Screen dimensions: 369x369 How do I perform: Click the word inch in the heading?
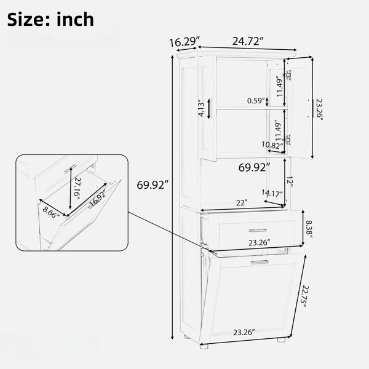[x=75, y=19]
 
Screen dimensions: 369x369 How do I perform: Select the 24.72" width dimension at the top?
[x=248, y=41]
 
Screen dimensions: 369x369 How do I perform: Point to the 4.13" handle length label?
[x=202, y=108]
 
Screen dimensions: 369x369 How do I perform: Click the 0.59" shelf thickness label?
[x=256, y=100]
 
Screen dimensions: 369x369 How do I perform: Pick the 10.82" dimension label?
[x=272, y=145]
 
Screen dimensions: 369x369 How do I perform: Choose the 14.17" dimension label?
[x=272, y=193]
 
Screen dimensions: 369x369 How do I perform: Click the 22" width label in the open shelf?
[x=242, y=202]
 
